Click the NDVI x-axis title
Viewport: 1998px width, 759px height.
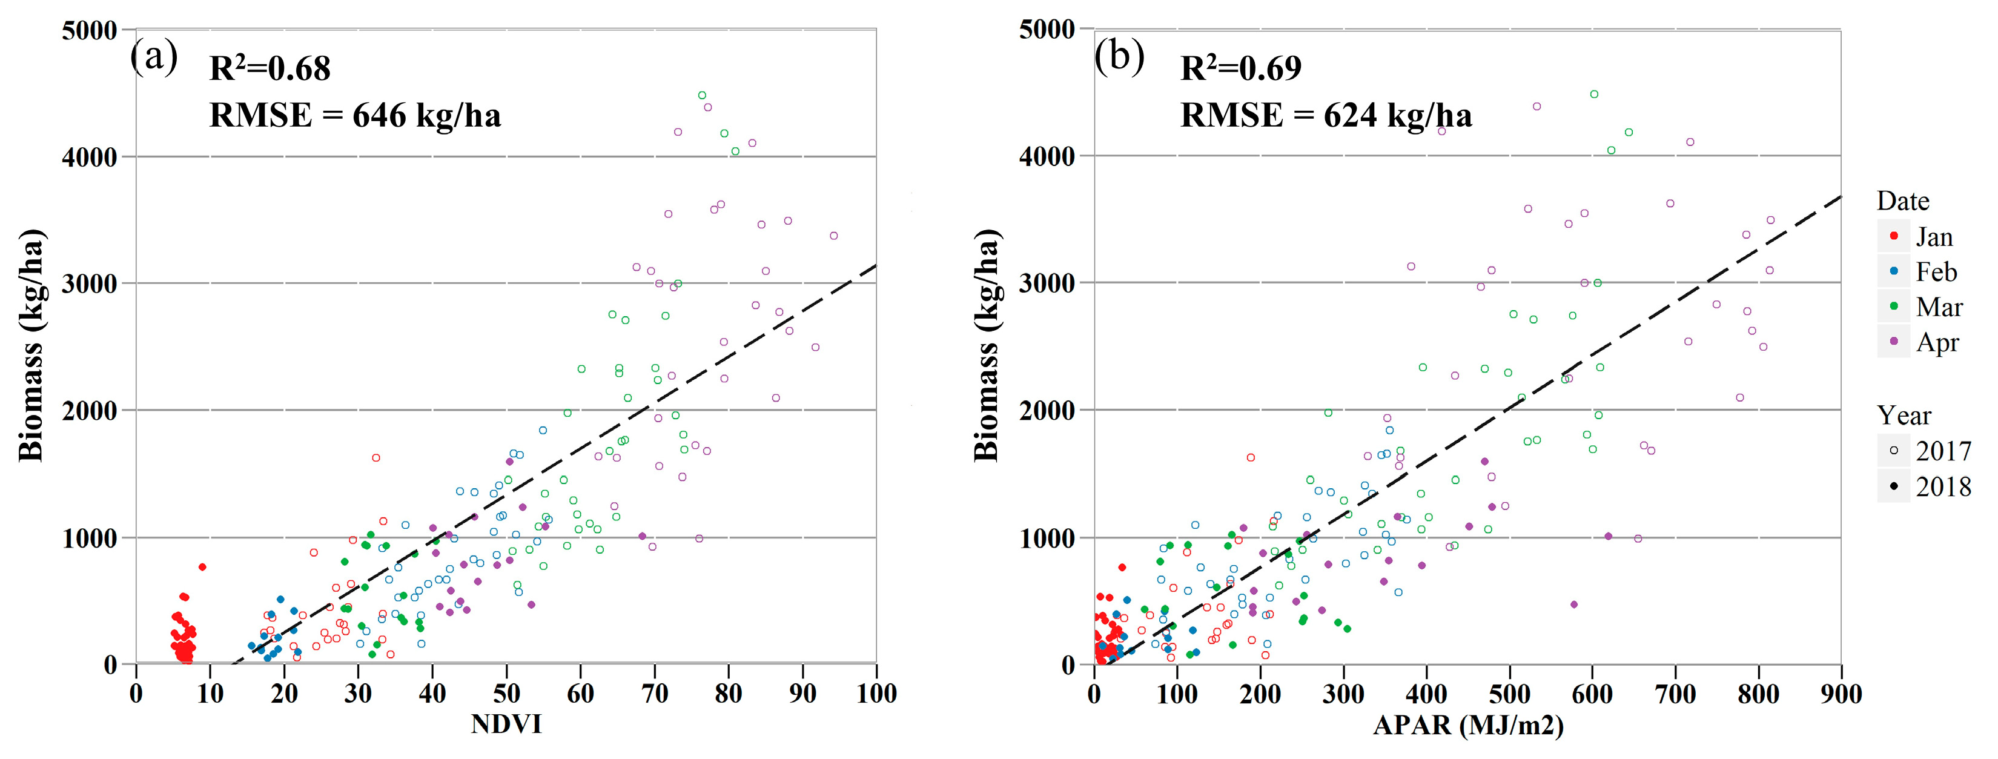pyautogui.click(x=506, y=724)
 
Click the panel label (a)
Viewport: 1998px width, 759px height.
pyautogui.click(x=154, y=57)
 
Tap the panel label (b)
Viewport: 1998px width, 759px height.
pyautogui.click(x=1119, y=57)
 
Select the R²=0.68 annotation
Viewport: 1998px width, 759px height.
pyautogui.click(x=270, y=69)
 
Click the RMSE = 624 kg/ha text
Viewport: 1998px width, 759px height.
pyautogui.click(x=1326, y=116)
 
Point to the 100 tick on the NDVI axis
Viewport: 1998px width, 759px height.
pyautogui.click(x=876, y=693)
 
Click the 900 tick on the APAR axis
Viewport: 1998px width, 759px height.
pyautogui.click(x=1841, y=693)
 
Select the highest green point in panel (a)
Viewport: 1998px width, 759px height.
pyautogui.click(x=702, y=96)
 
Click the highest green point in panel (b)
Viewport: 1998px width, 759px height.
pyautogui.click(x=1594, y=94)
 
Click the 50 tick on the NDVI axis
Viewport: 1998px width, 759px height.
pyautogui.click(x=506, y=693)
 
